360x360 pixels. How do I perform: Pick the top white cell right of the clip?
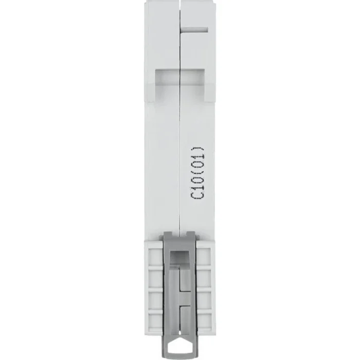[x=204, y=256]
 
